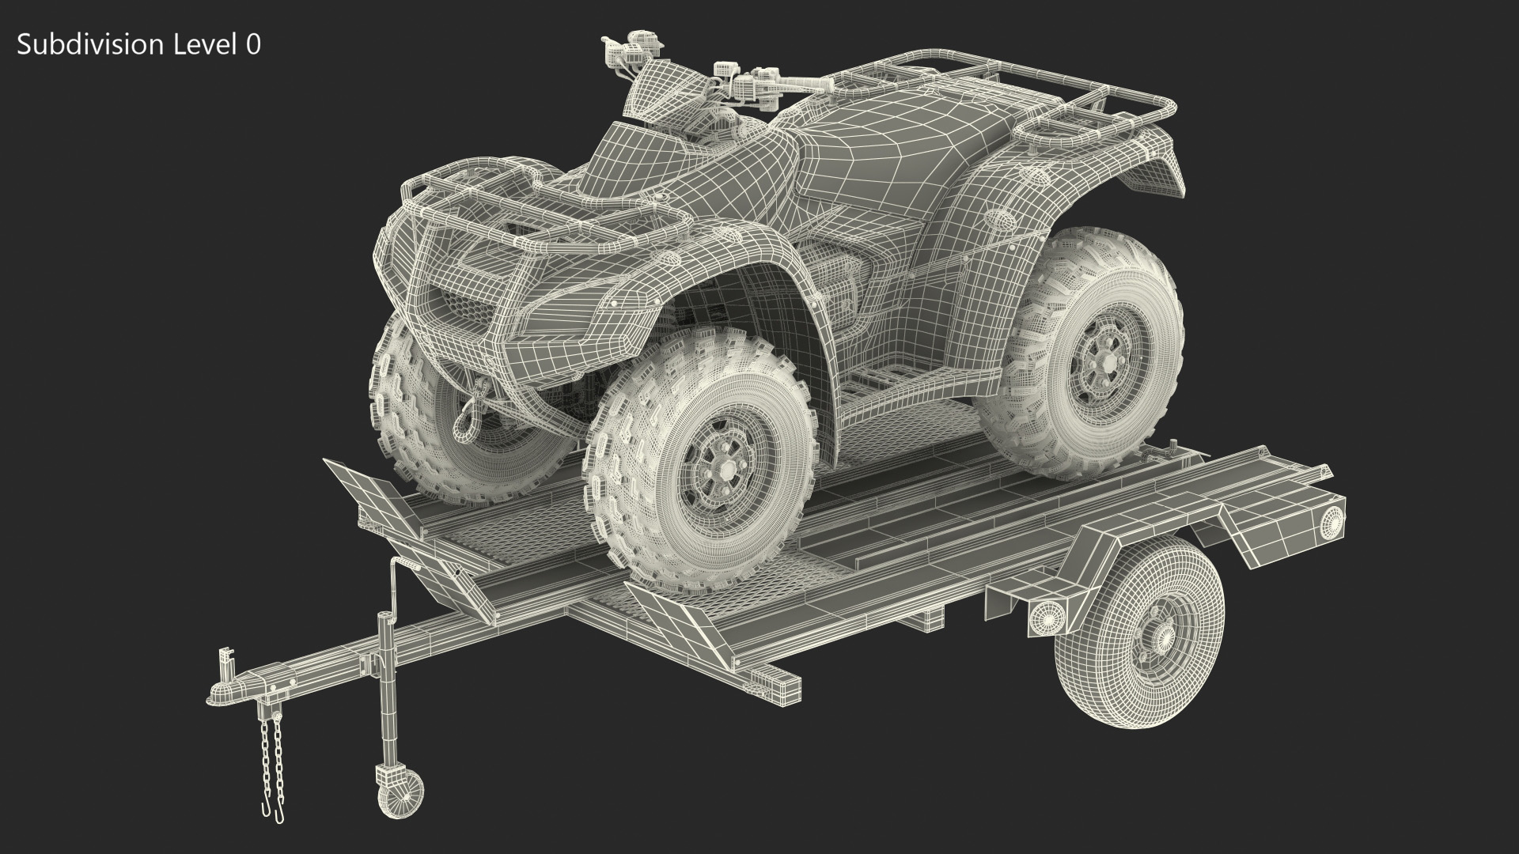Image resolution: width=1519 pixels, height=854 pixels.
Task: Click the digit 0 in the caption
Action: (x=252, y=45)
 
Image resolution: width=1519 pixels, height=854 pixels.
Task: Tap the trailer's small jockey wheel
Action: (x=396, y=793)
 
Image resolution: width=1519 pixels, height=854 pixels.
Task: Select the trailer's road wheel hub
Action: (x=1153, y=629)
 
